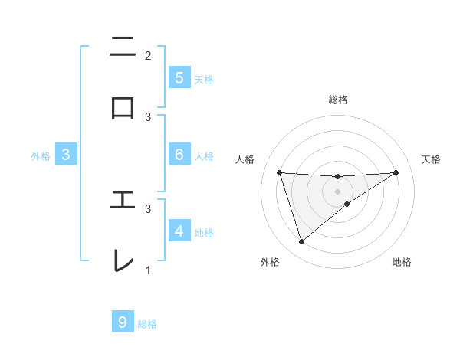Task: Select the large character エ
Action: coord(123,200)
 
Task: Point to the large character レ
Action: coord(123,260)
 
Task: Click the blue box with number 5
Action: coord(179,77)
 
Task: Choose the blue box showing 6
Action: coord(179,155)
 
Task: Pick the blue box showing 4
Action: coord(179,231)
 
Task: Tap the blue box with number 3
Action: coord(66,155)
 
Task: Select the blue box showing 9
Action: coord(122,322)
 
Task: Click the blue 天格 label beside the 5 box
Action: coord(204,79)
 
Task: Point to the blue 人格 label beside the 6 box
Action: coord(204,156)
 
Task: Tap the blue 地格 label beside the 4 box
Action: coord(204,232)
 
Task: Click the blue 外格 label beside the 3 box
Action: coord(41,156)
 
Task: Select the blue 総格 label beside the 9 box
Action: coord(147,324)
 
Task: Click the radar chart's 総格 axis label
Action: coord(338,100)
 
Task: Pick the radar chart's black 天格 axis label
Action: coord(432,159)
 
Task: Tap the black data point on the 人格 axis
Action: coord(280,172)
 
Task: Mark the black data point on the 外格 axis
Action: coord(301,242)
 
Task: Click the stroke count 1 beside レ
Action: coord(148,270)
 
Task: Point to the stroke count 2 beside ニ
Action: coord(148,55)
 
